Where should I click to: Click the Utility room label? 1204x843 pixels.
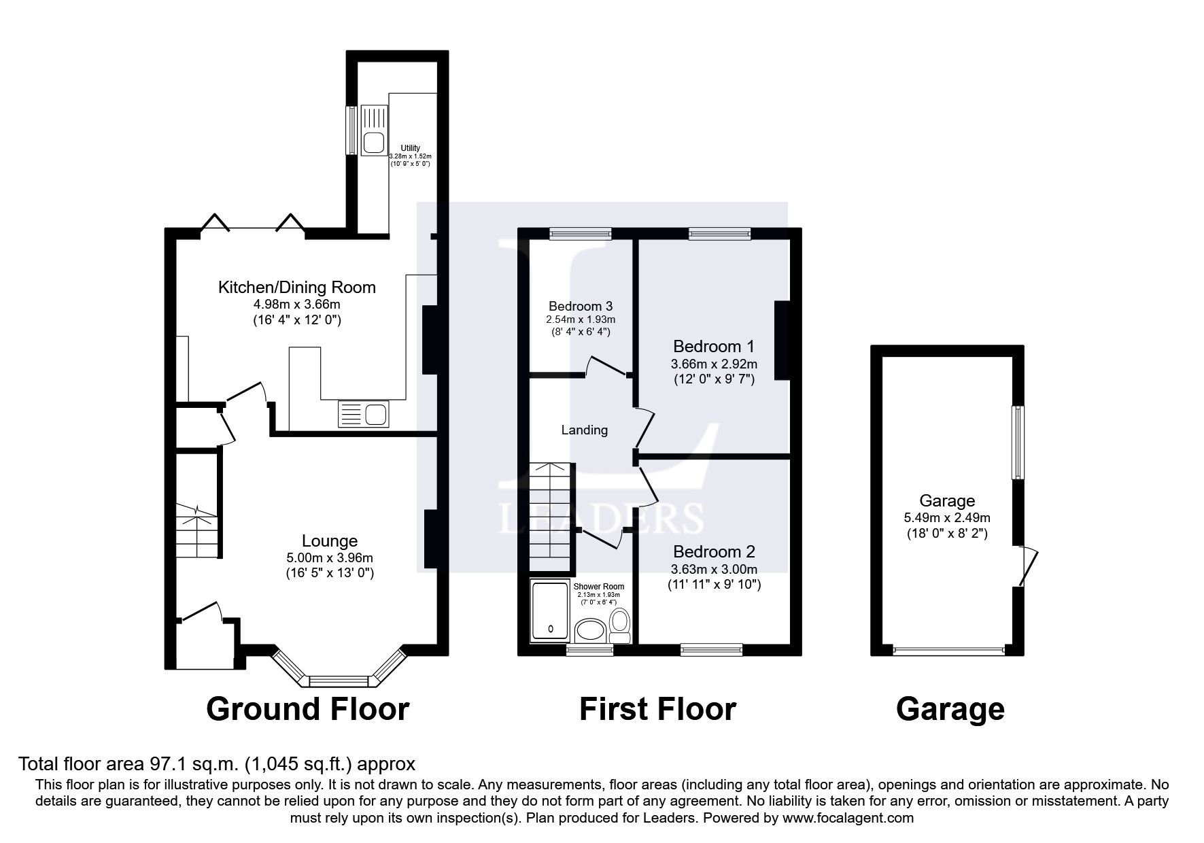pyautogui.click(x=410, y=148)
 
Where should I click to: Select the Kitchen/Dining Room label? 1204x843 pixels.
pyautogui.click(x=296, y=287)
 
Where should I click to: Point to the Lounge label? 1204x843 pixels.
pyautogui.click(x=330, y=541)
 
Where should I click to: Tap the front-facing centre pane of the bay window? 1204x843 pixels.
pyautogui.click(x=339, y=680)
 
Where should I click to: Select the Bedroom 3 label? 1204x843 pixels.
pyautogui.click(x=581, y=306)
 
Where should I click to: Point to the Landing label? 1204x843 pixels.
pyautogui.click(x=584, y=430)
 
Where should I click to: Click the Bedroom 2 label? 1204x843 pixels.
pyautogui.click(x=714, y=551)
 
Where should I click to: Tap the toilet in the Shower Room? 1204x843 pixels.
pyautogui.click(x=619, y=625)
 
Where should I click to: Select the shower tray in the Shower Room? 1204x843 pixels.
pyautogui.click(x=550, y=612)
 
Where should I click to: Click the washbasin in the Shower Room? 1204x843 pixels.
pyautogui.click(x=590, y=631)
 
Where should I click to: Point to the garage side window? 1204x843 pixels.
pyautogui.click(x=1017, y=443)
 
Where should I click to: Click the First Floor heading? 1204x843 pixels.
pyautogui.click(x=657, y=709)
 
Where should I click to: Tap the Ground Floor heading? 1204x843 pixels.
pyautogui.click(x=307, y=709)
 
